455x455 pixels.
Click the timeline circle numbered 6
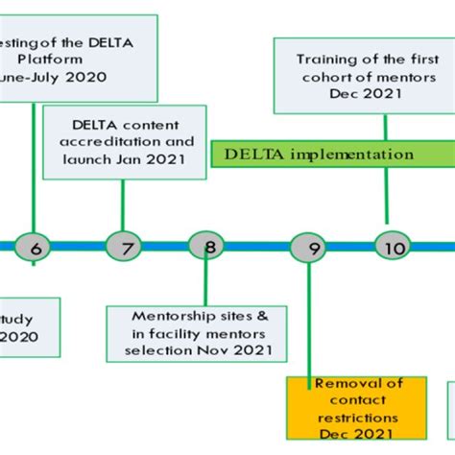(x=36, y=248)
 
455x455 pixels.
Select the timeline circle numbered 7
(x=123, y=248)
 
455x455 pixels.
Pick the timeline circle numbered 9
(x=309, y=248)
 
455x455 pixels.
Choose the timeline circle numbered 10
(x=392, y=248)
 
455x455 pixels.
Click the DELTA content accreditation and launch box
(x=125, y=142)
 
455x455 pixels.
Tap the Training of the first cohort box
(x=364, y=70)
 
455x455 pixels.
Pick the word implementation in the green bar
(x=359, y=155)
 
